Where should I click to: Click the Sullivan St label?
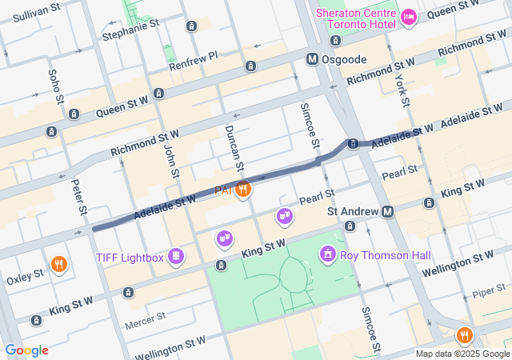(x=38, y=14)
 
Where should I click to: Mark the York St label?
(x=402, y=90)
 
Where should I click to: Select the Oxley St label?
(x=25, y=276)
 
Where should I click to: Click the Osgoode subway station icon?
(x=314, y=59)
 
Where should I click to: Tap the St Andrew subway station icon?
(x=388, y=211)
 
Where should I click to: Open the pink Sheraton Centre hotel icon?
(x=408, y=17)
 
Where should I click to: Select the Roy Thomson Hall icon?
(x=326, y=255)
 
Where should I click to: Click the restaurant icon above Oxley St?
(x=58, y=263)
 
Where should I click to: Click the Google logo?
(x=26, y=350)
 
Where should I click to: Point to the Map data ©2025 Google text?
(x=462, y=354)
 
